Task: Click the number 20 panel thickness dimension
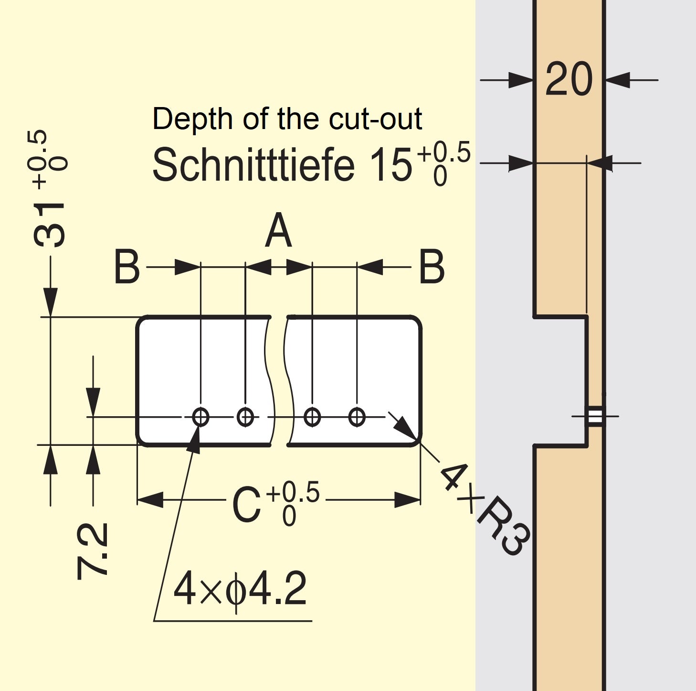tap(569, 79)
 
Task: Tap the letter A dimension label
tap(278, 231)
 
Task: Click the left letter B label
tap(127, 267)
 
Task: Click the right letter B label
tap(432, 267)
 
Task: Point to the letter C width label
tap(246, 505)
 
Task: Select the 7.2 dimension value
tap(93, 551)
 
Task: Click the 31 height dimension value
tap(50, 225)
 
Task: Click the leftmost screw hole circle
tap(200, 417)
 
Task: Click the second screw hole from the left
tap(245, 417)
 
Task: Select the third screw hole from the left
tap(312, 417)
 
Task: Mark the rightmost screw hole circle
tap(357, 417)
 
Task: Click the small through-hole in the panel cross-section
tap(595, 416)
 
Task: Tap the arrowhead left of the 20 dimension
tap(520, 80)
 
